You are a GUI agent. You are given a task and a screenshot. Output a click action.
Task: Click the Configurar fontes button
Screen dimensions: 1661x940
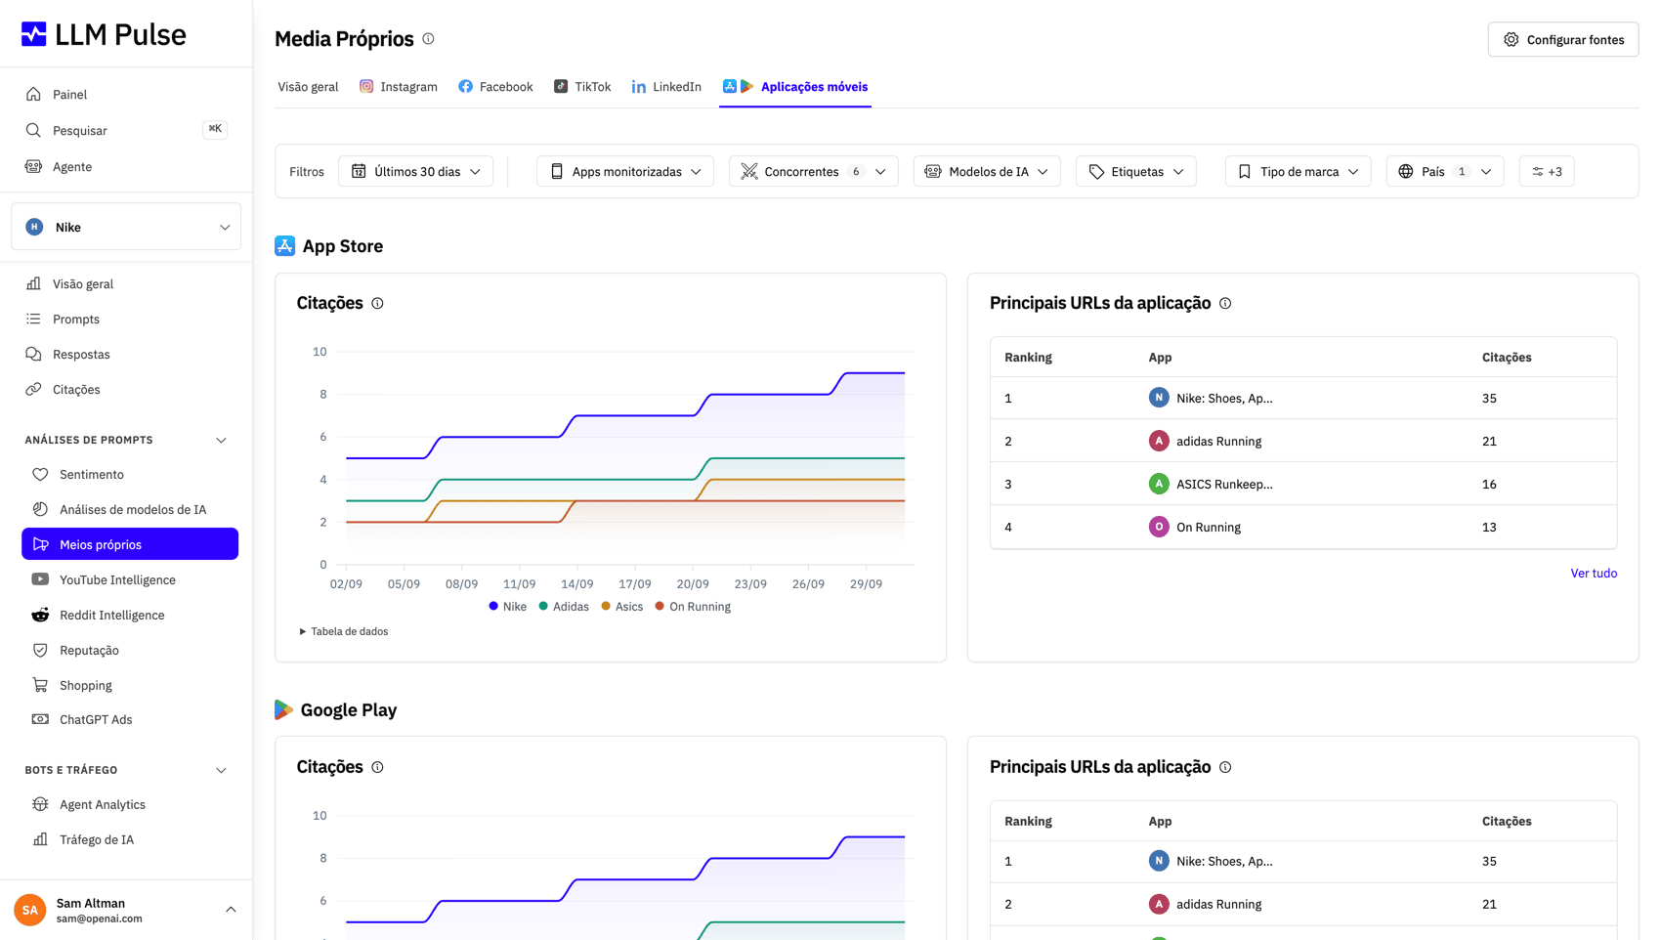pos(1563,39)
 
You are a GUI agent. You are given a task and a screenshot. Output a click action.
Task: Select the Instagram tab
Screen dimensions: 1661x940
pos(399,87)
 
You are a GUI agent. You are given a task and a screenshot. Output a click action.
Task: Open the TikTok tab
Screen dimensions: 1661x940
pos(582,87)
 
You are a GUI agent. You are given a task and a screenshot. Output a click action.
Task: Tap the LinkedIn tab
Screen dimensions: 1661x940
pos(666,87)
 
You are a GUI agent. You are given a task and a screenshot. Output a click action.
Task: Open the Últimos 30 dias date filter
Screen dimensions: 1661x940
pos(415,171)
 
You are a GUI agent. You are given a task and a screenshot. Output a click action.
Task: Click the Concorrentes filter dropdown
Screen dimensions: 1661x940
pos(814,171)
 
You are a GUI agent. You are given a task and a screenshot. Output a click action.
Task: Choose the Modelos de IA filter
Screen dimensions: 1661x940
pos(987,171)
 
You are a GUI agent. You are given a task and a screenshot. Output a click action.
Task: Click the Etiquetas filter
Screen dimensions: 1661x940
pos(1136,171)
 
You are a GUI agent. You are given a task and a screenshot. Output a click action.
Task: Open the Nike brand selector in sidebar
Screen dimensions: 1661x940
pos(126,227)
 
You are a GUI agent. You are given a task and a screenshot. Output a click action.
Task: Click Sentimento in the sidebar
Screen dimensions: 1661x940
pos(91,475)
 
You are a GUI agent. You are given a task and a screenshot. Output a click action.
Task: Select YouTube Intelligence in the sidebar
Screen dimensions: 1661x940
pos(117,579)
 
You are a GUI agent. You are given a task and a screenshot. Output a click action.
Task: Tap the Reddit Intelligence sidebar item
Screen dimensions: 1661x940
pos(112,615)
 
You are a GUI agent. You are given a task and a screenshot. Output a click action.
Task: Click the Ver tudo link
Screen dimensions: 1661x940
pos(1594,573)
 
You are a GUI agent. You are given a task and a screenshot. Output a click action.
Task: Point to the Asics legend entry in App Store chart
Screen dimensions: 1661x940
pos(622,607)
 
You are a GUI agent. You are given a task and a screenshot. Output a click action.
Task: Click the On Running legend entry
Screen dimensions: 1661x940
pos(693,607)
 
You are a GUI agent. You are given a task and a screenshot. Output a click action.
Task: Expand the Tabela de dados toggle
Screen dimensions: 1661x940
pos(343,631)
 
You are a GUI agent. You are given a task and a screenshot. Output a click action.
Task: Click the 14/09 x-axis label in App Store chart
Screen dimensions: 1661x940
pos(576,584)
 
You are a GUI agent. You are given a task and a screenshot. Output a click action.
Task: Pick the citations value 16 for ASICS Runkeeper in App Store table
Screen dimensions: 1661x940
pos(1489,484)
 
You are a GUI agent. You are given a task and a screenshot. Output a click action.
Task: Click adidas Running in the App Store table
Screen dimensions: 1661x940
pos(1218,441)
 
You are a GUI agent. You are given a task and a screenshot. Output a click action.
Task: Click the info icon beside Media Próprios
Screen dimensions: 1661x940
pos(428,38)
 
